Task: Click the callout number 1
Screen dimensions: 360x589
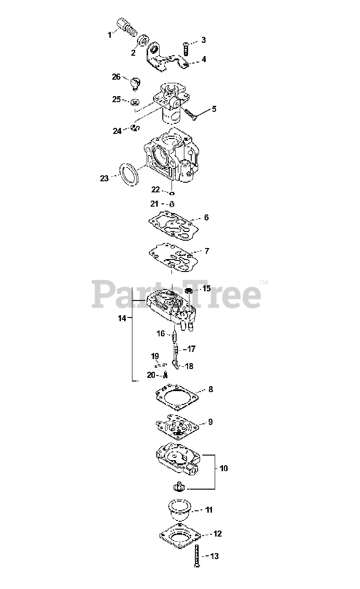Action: click(109, 35)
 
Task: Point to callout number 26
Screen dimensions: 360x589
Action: click(116, 76)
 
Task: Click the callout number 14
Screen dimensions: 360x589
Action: click(121, 318)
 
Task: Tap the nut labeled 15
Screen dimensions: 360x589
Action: click(188, 290)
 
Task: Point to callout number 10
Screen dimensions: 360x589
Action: click(223, 468)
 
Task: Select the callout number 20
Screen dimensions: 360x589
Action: click(151, 375)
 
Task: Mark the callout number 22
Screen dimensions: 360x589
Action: click(155, 189)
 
